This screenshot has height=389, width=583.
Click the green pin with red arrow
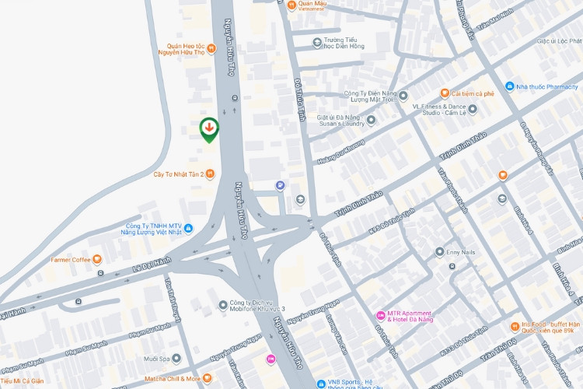click(x=209, y=128)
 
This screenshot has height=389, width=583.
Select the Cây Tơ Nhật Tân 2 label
click(x=178, y=174)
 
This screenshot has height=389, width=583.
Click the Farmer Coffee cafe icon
click(x=97, y=259)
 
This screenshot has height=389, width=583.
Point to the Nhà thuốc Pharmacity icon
click(x=509, y=86)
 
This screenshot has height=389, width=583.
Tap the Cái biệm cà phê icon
click(x=445, y=93)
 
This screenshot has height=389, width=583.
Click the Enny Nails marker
click(x=440, y=252)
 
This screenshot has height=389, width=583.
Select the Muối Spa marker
click(x=176, y=359)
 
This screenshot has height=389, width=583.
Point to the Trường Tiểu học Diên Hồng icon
click(x=316, y=42)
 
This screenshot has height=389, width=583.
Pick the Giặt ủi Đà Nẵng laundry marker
click(x=371, y=120)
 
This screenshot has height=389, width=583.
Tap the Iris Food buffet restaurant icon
click(x=515, y=326)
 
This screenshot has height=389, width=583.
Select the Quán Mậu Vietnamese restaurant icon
click(x=291, y=5)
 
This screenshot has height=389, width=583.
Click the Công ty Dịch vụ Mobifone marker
click(x=222, y=304)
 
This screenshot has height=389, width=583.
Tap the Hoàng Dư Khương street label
click(x=340, y=152)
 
